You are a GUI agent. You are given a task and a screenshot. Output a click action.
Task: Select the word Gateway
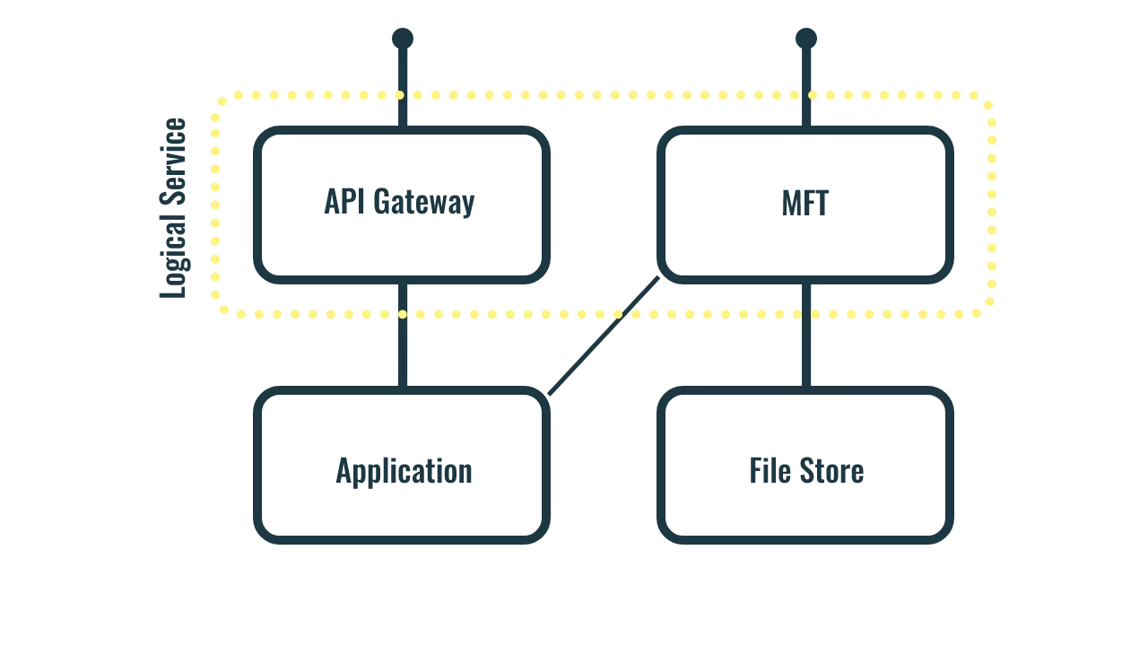tap(422, 205)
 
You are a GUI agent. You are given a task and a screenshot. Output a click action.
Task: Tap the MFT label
tap(804, 204)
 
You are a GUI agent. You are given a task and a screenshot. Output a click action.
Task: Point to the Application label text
tap(402, 471)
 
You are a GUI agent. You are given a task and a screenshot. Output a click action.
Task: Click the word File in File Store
tap(765, 471)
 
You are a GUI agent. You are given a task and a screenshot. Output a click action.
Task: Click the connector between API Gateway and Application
tap(402, 350)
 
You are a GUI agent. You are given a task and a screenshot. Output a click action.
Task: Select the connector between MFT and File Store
tap(806, 350)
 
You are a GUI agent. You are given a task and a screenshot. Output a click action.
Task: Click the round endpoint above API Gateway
tap(401, 38)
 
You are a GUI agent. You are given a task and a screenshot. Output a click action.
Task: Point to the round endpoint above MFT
tap(804, 38)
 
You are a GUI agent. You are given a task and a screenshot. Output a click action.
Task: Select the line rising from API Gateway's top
tap(401, 72)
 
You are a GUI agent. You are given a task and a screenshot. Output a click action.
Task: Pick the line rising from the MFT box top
tap(805, 72)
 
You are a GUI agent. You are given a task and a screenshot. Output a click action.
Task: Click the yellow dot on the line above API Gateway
tap(400, 94)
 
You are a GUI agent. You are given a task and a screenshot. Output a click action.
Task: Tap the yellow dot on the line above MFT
tap(813, 94)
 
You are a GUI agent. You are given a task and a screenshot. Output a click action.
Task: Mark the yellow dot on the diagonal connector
tap(617, 316)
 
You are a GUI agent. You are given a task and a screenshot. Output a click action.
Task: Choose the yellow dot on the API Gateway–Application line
tap(402, 315)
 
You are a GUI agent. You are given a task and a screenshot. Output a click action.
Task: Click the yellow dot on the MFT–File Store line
tap(812, 316)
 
